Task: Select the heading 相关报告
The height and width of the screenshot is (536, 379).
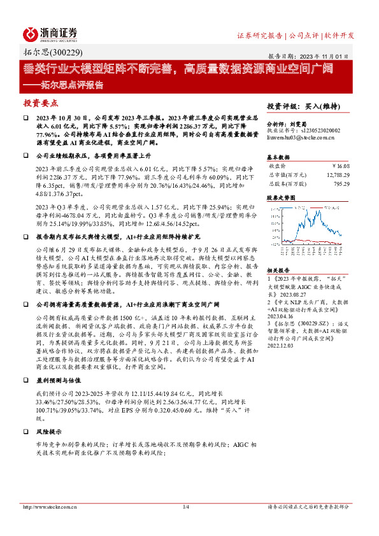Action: (278, 271)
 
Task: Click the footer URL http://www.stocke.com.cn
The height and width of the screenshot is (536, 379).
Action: (46, 507)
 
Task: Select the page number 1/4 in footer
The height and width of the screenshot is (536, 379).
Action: (187, 507)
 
